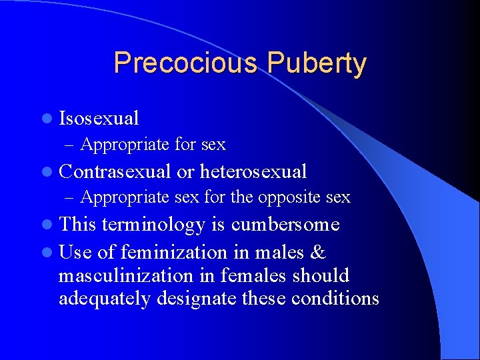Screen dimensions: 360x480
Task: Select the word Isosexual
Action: pos(99,119)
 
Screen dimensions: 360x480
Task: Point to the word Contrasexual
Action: pos(115,172)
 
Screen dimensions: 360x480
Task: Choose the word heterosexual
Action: pos(253,172)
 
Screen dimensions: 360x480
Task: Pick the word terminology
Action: pos(153,225)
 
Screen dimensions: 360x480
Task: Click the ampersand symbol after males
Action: pos(318,252)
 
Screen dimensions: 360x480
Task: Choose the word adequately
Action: pos(105,299)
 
